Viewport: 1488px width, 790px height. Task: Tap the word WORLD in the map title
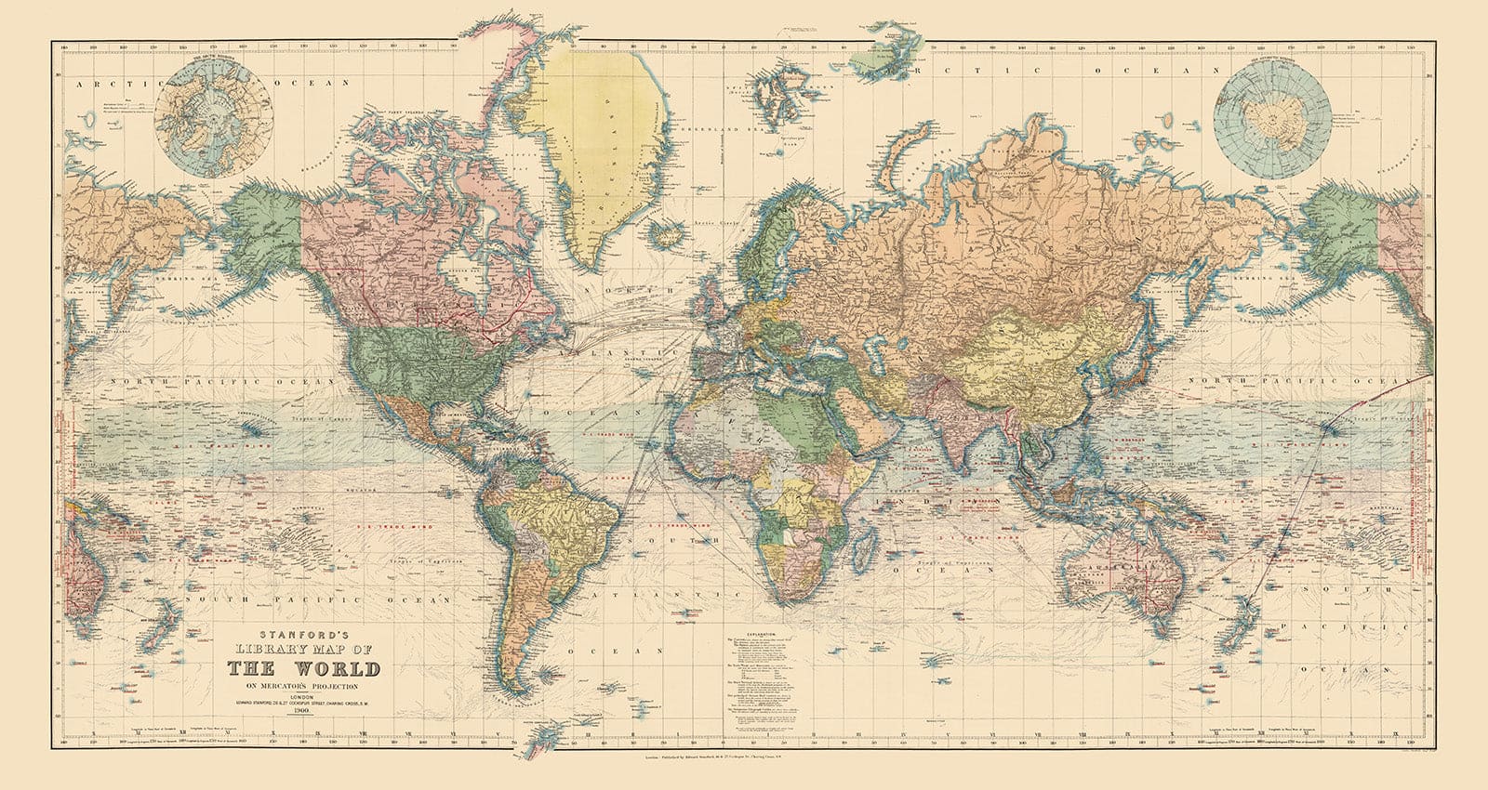pyautogui.click(x=332, y=669)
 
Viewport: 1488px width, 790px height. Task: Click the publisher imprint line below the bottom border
pyautogui.click(x=744, y=758)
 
